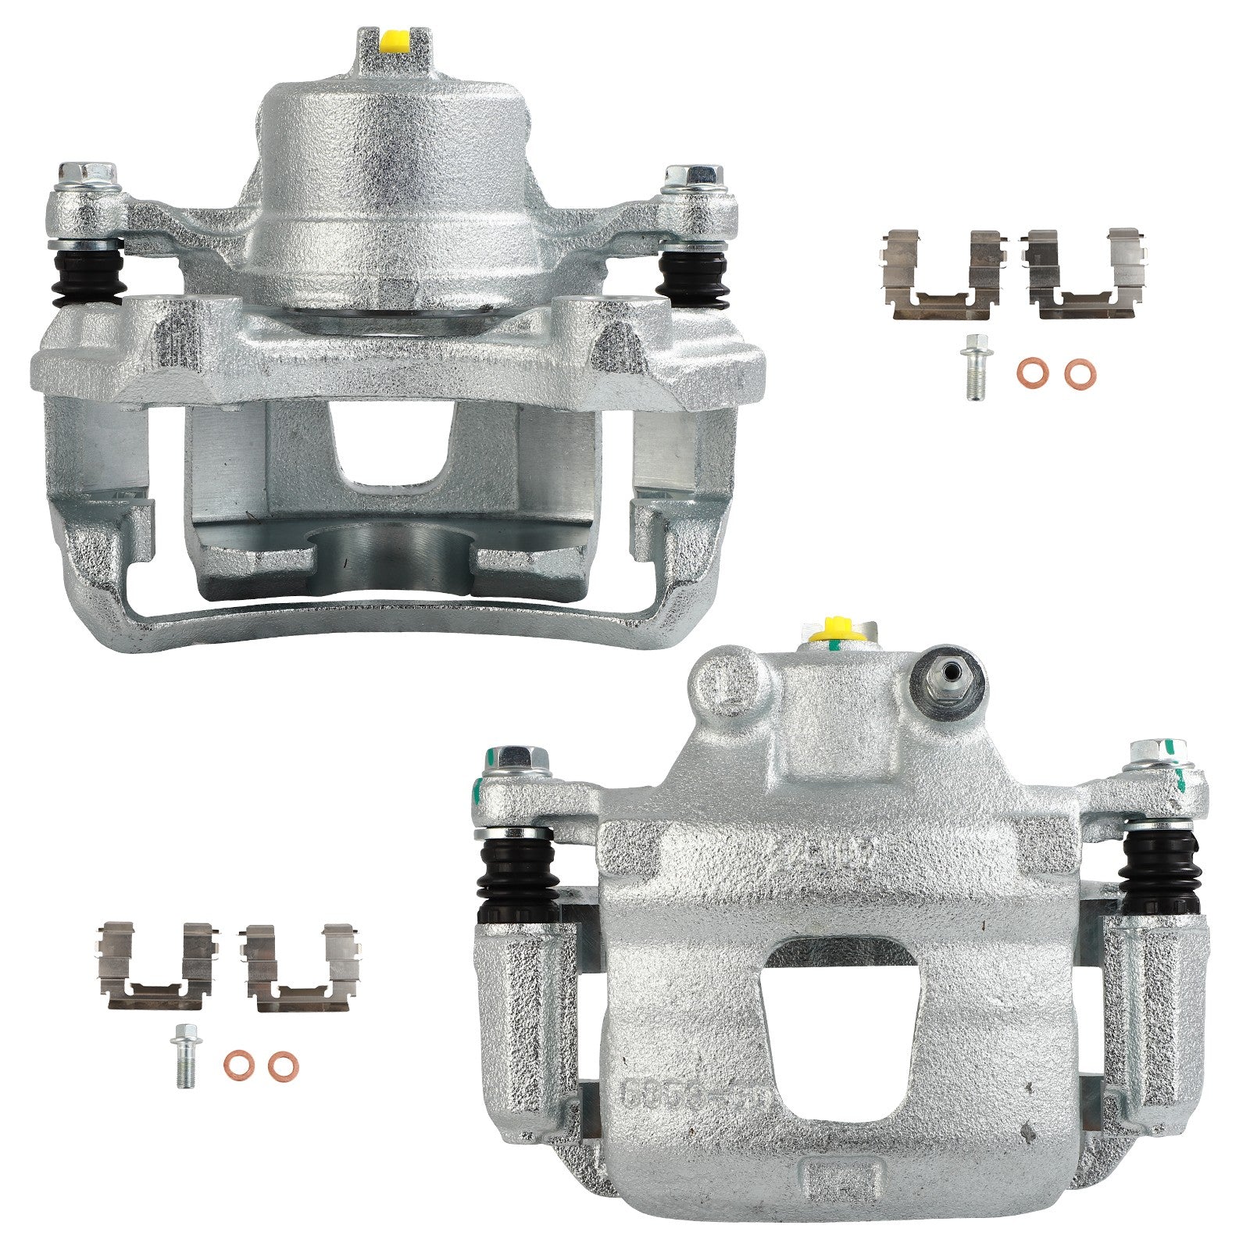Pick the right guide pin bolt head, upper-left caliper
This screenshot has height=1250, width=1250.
(692, 177)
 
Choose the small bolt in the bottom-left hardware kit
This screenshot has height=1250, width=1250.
(184, 1054)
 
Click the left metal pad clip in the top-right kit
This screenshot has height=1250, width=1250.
(942, 274)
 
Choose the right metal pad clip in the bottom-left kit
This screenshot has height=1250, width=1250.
(302, 968)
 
